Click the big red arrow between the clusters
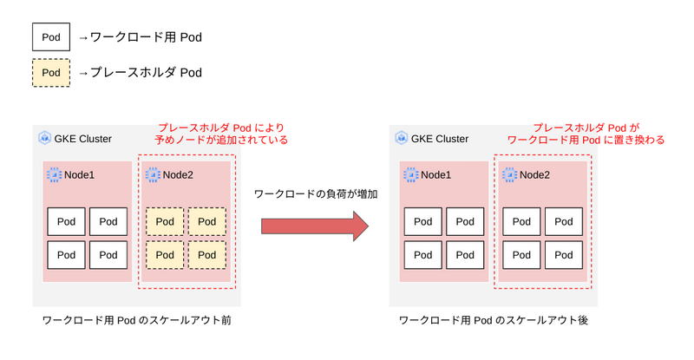point(315,226)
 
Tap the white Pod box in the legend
point(51,36)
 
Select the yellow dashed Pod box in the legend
point(51,73)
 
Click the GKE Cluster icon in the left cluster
point(44,138)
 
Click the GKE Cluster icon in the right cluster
point(401,138)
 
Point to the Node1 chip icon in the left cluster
point(54,175)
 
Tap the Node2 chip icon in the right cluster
point(509,175)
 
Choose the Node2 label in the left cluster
point(178,175)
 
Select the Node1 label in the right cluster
point(436,175)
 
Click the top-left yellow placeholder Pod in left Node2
point(165,221)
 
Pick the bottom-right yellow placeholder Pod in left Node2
point(207,255)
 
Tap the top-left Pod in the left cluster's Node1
point(66,221)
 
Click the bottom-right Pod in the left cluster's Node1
point(108,255)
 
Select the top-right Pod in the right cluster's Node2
point(563,221)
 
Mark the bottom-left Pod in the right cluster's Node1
point(422,255)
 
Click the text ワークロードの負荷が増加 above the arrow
point(316,194)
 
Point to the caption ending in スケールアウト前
point(137,320)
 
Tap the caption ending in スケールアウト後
point(494,320)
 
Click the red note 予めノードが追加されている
point(221,140)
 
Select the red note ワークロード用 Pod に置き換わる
point(586,140)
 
